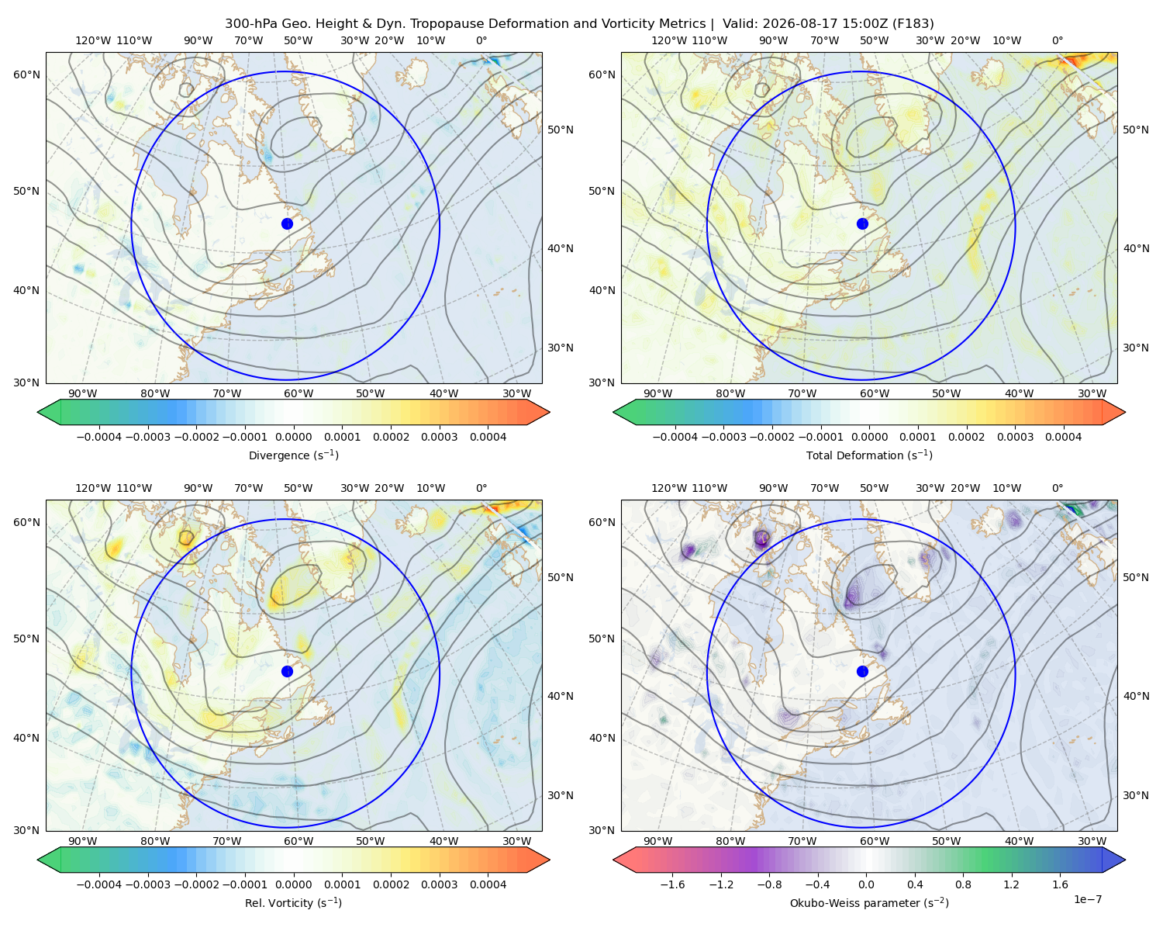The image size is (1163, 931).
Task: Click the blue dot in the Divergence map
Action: [x=287, y=223]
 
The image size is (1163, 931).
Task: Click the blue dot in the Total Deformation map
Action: [x=862, y=223]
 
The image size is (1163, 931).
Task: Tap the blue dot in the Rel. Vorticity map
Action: [x=287, y=671]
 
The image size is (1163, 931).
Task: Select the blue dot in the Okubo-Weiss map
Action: [x=862, y=671]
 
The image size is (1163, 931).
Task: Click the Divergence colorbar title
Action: [x=293, y=455]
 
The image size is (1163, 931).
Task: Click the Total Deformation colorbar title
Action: [x=869, y=455]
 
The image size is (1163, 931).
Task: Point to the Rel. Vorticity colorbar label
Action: [x=293, y=902]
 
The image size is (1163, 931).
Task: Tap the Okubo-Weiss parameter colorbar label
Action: [x=869, y=902]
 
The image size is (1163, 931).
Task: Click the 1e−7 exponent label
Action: [x=1087, y=899]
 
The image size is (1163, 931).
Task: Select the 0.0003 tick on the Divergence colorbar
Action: [x=440, y=437]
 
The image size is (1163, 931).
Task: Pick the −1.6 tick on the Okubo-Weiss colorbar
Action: [x=672, y=884]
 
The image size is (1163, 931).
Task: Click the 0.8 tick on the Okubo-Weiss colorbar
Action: [x=963, y=884]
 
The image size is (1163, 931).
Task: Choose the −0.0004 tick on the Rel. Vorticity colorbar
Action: [x=99, y=884]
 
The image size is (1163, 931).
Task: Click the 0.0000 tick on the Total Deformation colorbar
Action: [x=869, y=437]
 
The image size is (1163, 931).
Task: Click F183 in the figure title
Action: [x=914, y=24]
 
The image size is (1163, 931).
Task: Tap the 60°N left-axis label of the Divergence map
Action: [x=26, y=74]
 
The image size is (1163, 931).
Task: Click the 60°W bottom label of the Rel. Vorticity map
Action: [x=299, y=841]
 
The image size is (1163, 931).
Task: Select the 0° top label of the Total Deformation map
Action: [x=1058, y=40]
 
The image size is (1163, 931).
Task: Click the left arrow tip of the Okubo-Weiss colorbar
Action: [x=614, y=860]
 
